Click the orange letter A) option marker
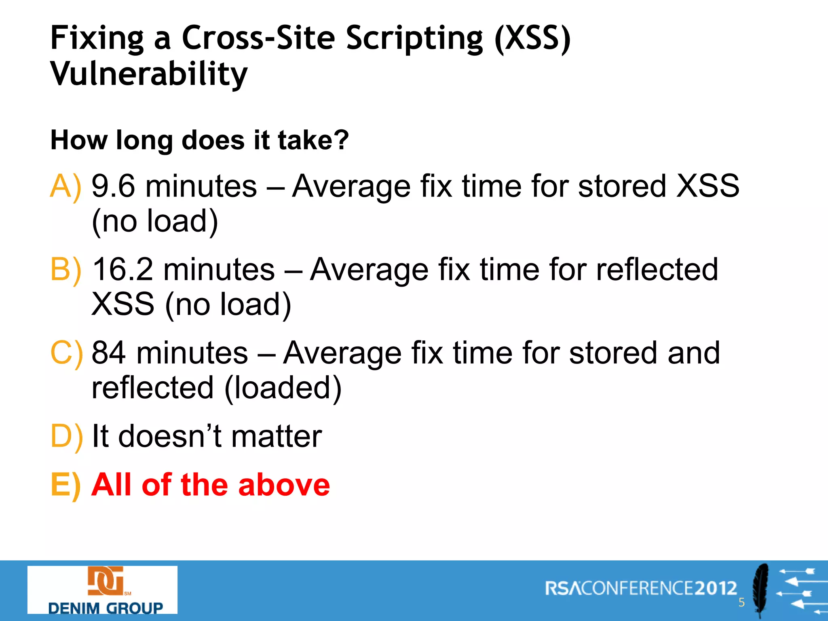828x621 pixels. pos(65,186)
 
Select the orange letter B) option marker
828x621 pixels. pos(65,270)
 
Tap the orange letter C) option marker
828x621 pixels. pos(66,353)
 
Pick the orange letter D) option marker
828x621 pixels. pos(66,436)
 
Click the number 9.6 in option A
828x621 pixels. pos(113,186)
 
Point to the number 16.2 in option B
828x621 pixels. pos(123,270)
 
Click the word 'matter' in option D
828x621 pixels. pos(277,436)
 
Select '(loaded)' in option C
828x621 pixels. pos(283,388)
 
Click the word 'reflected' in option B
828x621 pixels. pos(657,270)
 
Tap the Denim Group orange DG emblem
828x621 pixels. pos(106,581)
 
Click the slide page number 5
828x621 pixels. pos(741,602)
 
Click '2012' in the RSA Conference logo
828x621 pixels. pos(716,588)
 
